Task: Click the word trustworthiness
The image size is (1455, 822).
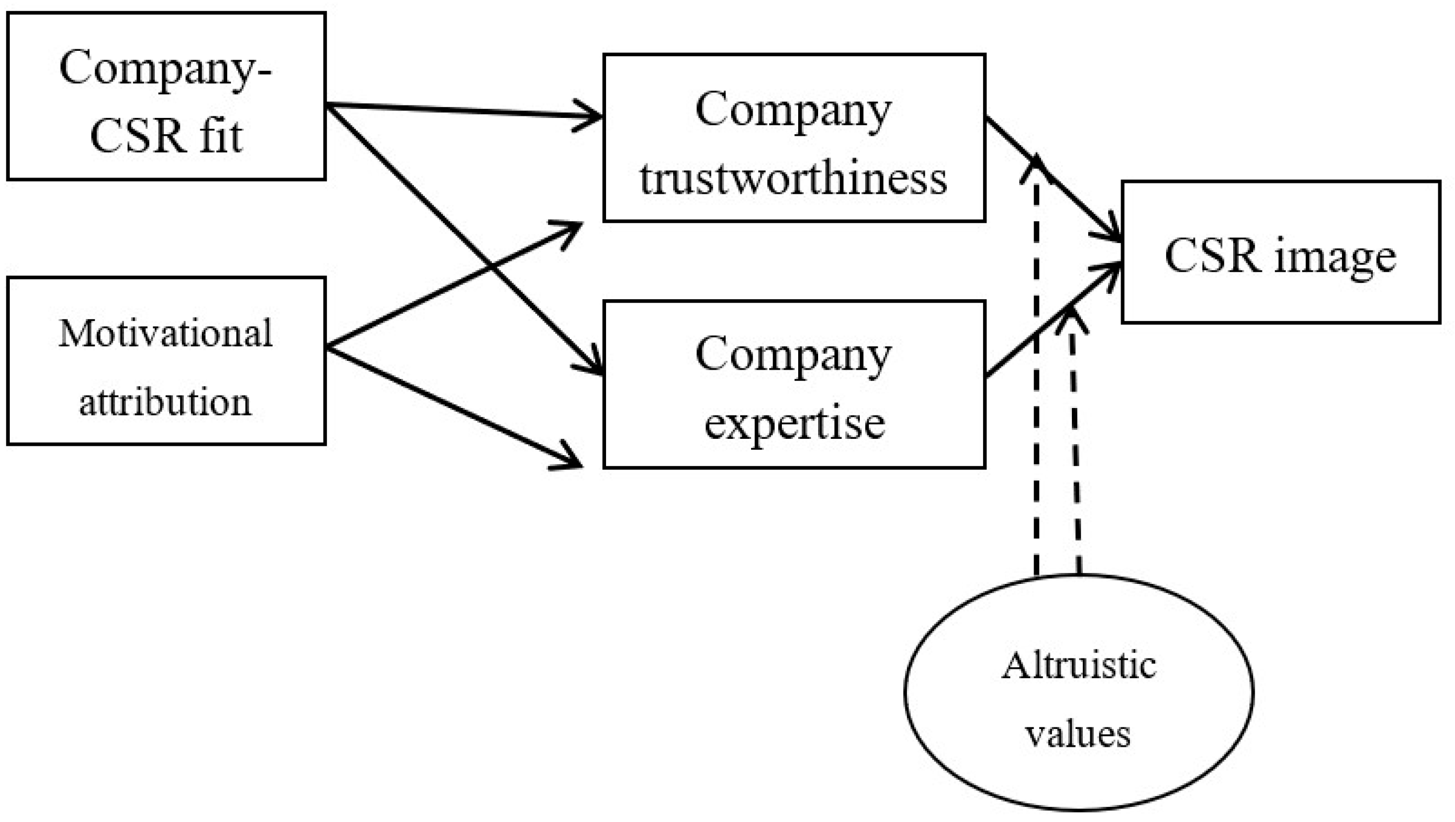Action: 793,179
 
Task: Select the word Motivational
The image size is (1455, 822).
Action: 166,333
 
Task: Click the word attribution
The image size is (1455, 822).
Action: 165,402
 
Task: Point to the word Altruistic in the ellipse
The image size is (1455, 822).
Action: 1079,666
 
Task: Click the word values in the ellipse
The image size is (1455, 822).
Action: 1078,734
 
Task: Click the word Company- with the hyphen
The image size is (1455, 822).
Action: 166,68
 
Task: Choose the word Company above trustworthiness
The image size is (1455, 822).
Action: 793,110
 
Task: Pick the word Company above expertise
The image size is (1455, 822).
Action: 793,355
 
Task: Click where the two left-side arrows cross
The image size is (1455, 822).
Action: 491,266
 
